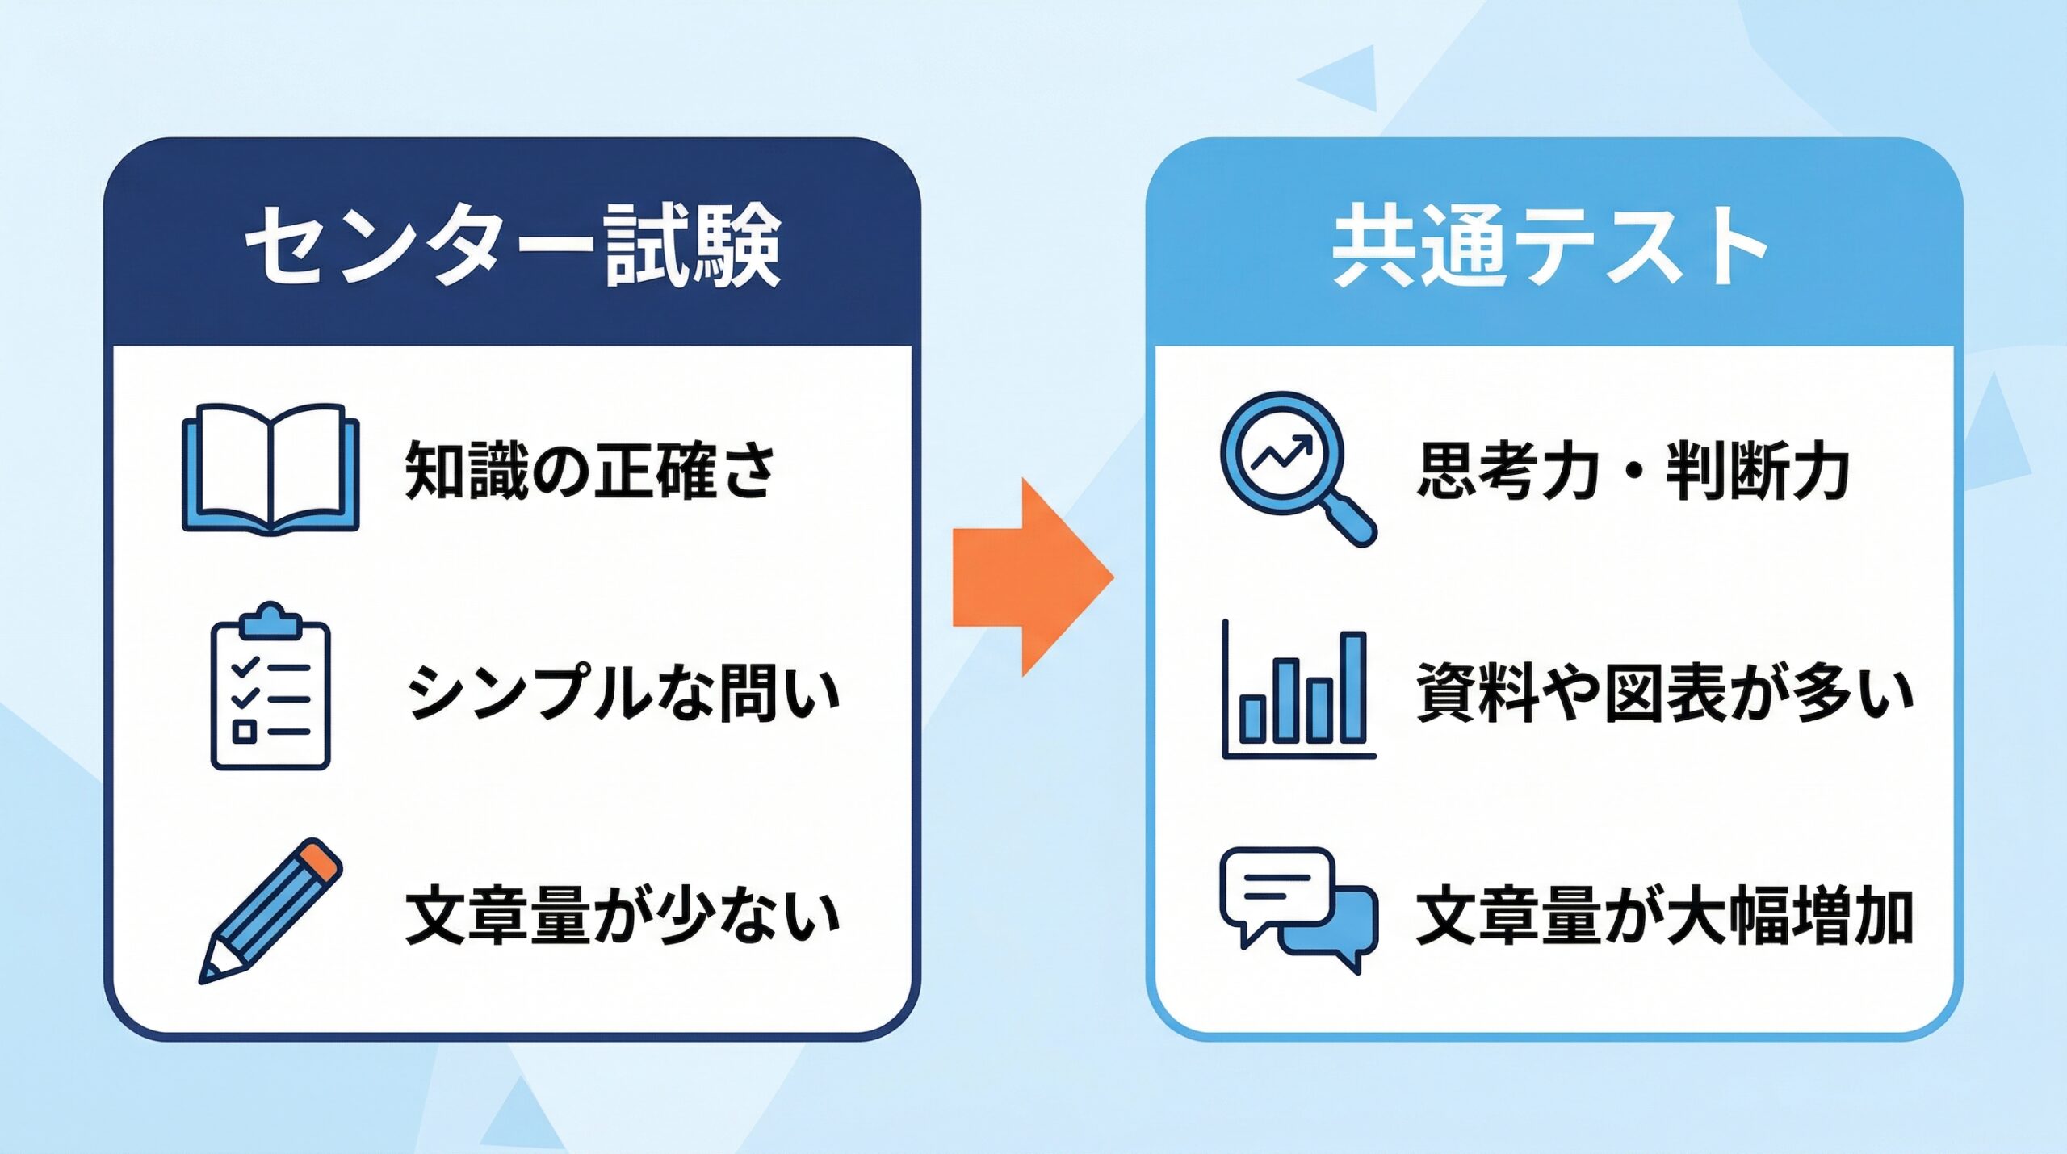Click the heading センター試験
[513, 245]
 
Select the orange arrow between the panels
[1033, 577]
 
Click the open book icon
[270, 468]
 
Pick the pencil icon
[270, 910]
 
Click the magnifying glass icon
[1297, 468]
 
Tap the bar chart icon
[1298, 690]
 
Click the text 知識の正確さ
[589, 471]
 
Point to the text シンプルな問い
[623, 693]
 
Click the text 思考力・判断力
[1633, 471]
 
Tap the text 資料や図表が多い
[1665, 693]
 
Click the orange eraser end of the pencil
[320, 859]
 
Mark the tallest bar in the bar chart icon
[1353, 688]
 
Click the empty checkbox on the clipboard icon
[244, 732]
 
